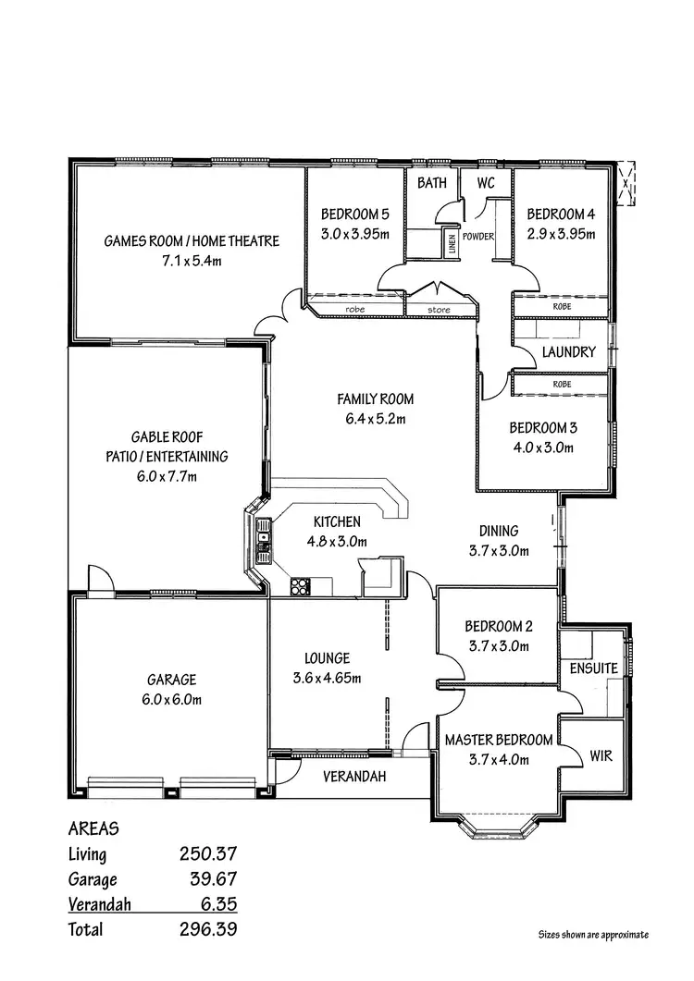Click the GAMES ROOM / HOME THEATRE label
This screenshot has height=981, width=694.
191,241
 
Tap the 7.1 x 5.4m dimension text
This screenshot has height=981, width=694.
191,261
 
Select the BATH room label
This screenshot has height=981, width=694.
431,183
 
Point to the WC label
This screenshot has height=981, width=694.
486,183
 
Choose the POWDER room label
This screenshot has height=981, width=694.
478,237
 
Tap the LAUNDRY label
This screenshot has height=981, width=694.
568,352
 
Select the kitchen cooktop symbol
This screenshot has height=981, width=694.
301,584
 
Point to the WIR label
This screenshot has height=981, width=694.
601,755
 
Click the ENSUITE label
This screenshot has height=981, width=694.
594,668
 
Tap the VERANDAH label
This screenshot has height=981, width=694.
353,777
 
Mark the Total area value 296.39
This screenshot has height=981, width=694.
208,929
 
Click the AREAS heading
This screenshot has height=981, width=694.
93,829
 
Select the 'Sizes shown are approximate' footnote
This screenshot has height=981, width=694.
593,935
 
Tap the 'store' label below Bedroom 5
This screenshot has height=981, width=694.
439,310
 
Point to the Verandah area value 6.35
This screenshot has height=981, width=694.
216,904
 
